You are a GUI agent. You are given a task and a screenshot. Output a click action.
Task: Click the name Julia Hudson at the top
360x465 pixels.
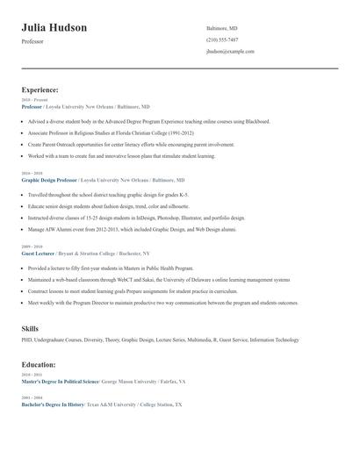pos(54,28)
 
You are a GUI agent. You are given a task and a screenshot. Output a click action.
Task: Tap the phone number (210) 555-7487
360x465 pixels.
pos(222,40)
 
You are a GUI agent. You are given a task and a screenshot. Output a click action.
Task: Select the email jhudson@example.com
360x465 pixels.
pos(230,52)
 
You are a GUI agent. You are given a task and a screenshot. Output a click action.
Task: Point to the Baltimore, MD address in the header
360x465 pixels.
pos(221,29)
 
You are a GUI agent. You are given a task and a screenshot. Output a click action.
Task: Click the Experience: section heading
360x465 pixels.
pos(40,89)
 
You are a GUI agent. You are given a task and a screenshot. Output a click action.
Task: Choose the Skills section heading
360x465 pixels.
pos(30,328)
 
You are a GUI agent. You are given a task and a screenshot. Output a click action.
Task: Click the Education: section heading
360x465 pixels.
pos(39,364)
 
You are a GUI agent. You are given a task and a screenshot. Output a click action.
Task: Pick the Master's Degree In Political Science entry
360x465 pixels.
pos(61,383)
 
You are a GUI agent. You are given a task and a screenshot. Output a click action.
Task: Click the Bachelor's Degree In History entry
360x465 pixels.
pos(54,404)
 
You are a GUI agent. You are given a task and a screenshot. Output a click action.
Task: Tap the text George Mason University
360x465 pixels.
pos(131,383)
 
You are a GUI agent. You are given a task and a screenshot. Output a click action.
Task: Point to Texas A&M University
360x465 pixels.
pos(110,404)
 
